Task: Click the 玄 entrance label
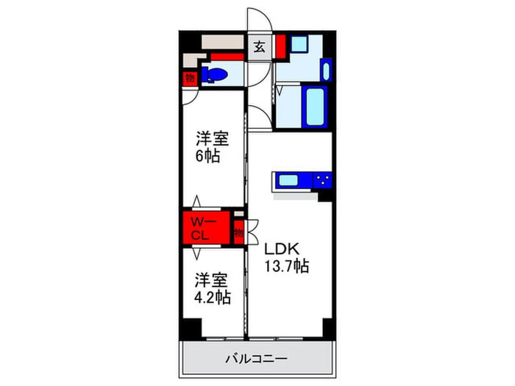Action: [x=259, y=49]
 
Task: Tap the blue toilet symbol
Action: [x=216, y=74]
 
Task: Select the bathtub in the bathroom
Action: [x=315, y=108]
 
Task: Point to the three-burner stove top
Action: [x=322, y=179]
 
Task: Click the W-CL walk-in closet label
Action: [x=202, y=229]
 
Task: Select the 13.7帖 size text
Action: [x=287, y=268]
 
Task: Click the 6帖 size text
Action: [x=207, y=157]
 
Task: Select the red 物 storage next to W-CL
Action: [x=238, y=233]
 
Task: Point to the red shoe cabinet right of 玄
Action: [x=280, y=46]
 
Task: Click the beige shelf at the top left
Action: [x=223, y=41]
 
